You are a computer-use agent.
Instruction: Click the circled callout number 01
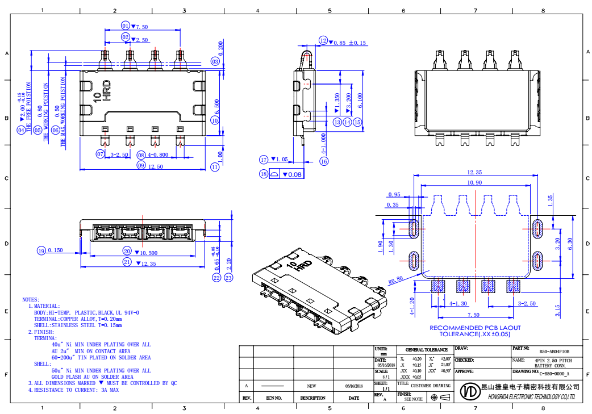coord(126,26)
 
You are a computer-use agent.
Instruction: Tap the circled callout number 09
coord(141,166)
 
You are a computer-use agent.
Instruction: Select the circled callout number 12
coord(323,41)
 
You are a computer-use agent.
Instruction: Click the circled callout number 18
coord(264,174)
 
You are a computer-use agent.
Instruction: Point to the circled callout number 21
coord(127,262)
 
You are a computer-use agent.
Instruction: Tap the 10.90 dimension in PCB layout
coord(474,182)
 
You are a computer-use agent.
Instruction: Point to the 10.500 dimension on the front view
coord(148,252)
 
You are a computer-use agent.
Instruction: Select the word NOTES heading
coord(31,299)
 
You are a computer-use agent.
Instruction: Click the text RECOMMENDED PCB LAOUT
coord(475,328)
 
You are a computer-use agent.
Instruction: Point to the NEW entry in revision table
coord(311,386)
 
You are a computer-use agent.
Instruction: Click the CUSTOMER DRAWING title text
coord(432,386)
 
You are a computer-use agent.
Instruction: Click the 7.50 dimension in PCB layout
coord(473,315)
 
